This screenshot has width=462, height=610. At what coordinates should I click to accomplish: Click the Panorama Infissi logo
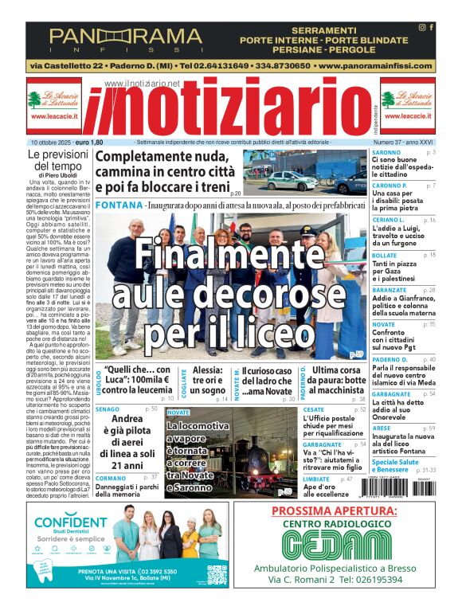pos(125,37)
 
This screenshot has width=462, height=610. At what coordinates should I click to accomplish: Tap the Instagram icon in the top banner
pos(422,27)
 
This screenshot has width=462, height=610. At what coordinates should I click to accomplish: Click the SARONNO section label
pos(387,151)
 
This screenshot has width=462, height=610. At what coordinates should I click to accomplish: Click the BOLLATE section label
pos(386,255)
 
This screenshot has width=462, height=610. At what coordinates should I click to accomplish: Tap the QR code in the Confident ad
pos(216,576)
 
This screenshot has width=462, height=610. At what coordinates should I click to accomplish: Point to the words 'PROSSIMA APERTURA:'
pos(335,511)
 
